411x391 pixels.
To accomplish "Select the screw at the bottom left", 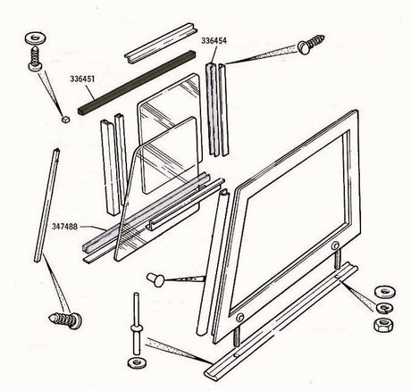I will [65, 318].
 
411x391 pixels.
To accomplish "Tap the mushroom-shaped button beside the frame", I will [156, 280].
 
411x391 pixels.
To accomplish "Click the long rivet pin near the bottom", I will [137, 322].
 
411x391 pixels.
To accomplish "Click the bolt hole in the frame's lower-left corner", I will [239, 318].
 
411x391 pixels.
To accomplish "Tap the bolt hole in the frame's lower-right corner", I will [336, 245].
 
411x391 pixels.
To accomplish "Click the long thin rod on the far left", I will [45, 205].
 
